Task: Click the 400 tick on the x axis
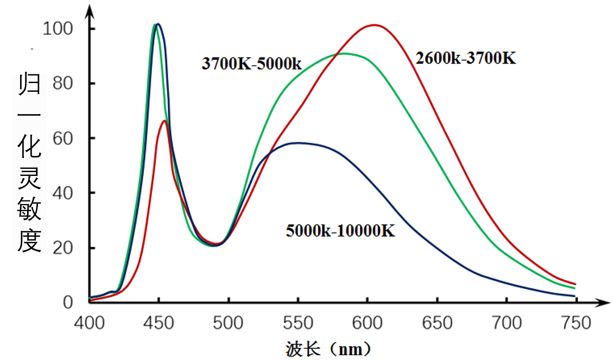[x=90, y=323]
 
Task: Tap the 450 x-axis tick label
[x=158, y=323]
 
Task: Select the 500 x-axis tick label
[x=229, y=323]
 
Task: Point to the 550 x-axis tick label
[x=298, y=323]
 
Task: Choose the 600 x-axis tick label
[x=367, y=323]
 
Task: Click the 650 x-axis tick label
[x=437, y=323]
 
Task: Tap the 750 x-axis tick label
[x=576, y=323]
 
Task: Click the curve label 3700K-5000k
[x=251, y=64]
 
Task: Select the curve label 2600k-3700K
[x=466, y=58]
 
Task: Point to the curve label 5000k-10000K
[x=340, y=231]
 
